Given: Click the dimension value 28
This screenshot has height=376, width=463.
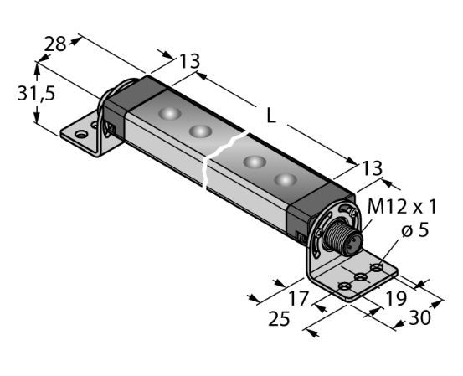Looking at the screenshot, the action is click(55, 44).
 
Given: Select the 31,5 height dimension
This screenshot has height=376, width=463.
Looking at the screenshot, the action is click(36, 94).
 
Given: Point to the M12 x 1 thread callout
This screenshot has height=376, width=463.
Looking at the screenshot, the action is click(402, 207).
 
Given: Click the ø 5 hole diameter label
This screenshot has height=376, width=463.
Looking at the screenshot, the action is click(415, 230).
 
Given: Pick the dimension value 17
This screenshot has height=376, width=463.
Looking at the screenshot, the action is click(299, 298).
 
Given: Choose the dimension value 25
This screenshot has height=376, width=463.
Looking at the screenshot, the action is click(279, 319).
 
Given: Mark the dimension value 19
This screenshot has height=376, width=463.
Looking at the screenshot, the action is click(396, 299).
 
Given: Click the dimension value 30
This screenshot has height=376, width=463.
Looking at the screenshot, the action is click(419, 318).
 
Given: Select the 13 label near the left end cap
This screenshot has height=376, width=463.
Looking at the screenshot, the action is click(190, 61).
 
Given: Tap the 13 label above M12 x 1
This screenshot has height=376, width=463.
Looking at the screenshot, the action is click(372, 168).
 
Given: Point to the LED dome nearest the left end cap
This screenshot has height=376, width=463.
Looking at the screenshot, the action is click(169, 113).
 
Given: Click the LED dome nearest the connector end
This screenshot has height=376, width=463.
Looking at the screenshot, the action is click(286, 180).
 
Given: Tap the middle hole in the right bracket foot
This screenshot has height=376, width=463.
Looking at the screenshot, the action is click(361, 277).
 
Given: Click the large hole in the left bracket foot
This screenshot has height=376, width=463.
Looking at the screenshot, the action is click(81, 134).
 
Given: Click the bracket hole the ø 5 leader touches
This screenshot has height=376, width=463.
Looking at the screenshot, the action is click(377, 268).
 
